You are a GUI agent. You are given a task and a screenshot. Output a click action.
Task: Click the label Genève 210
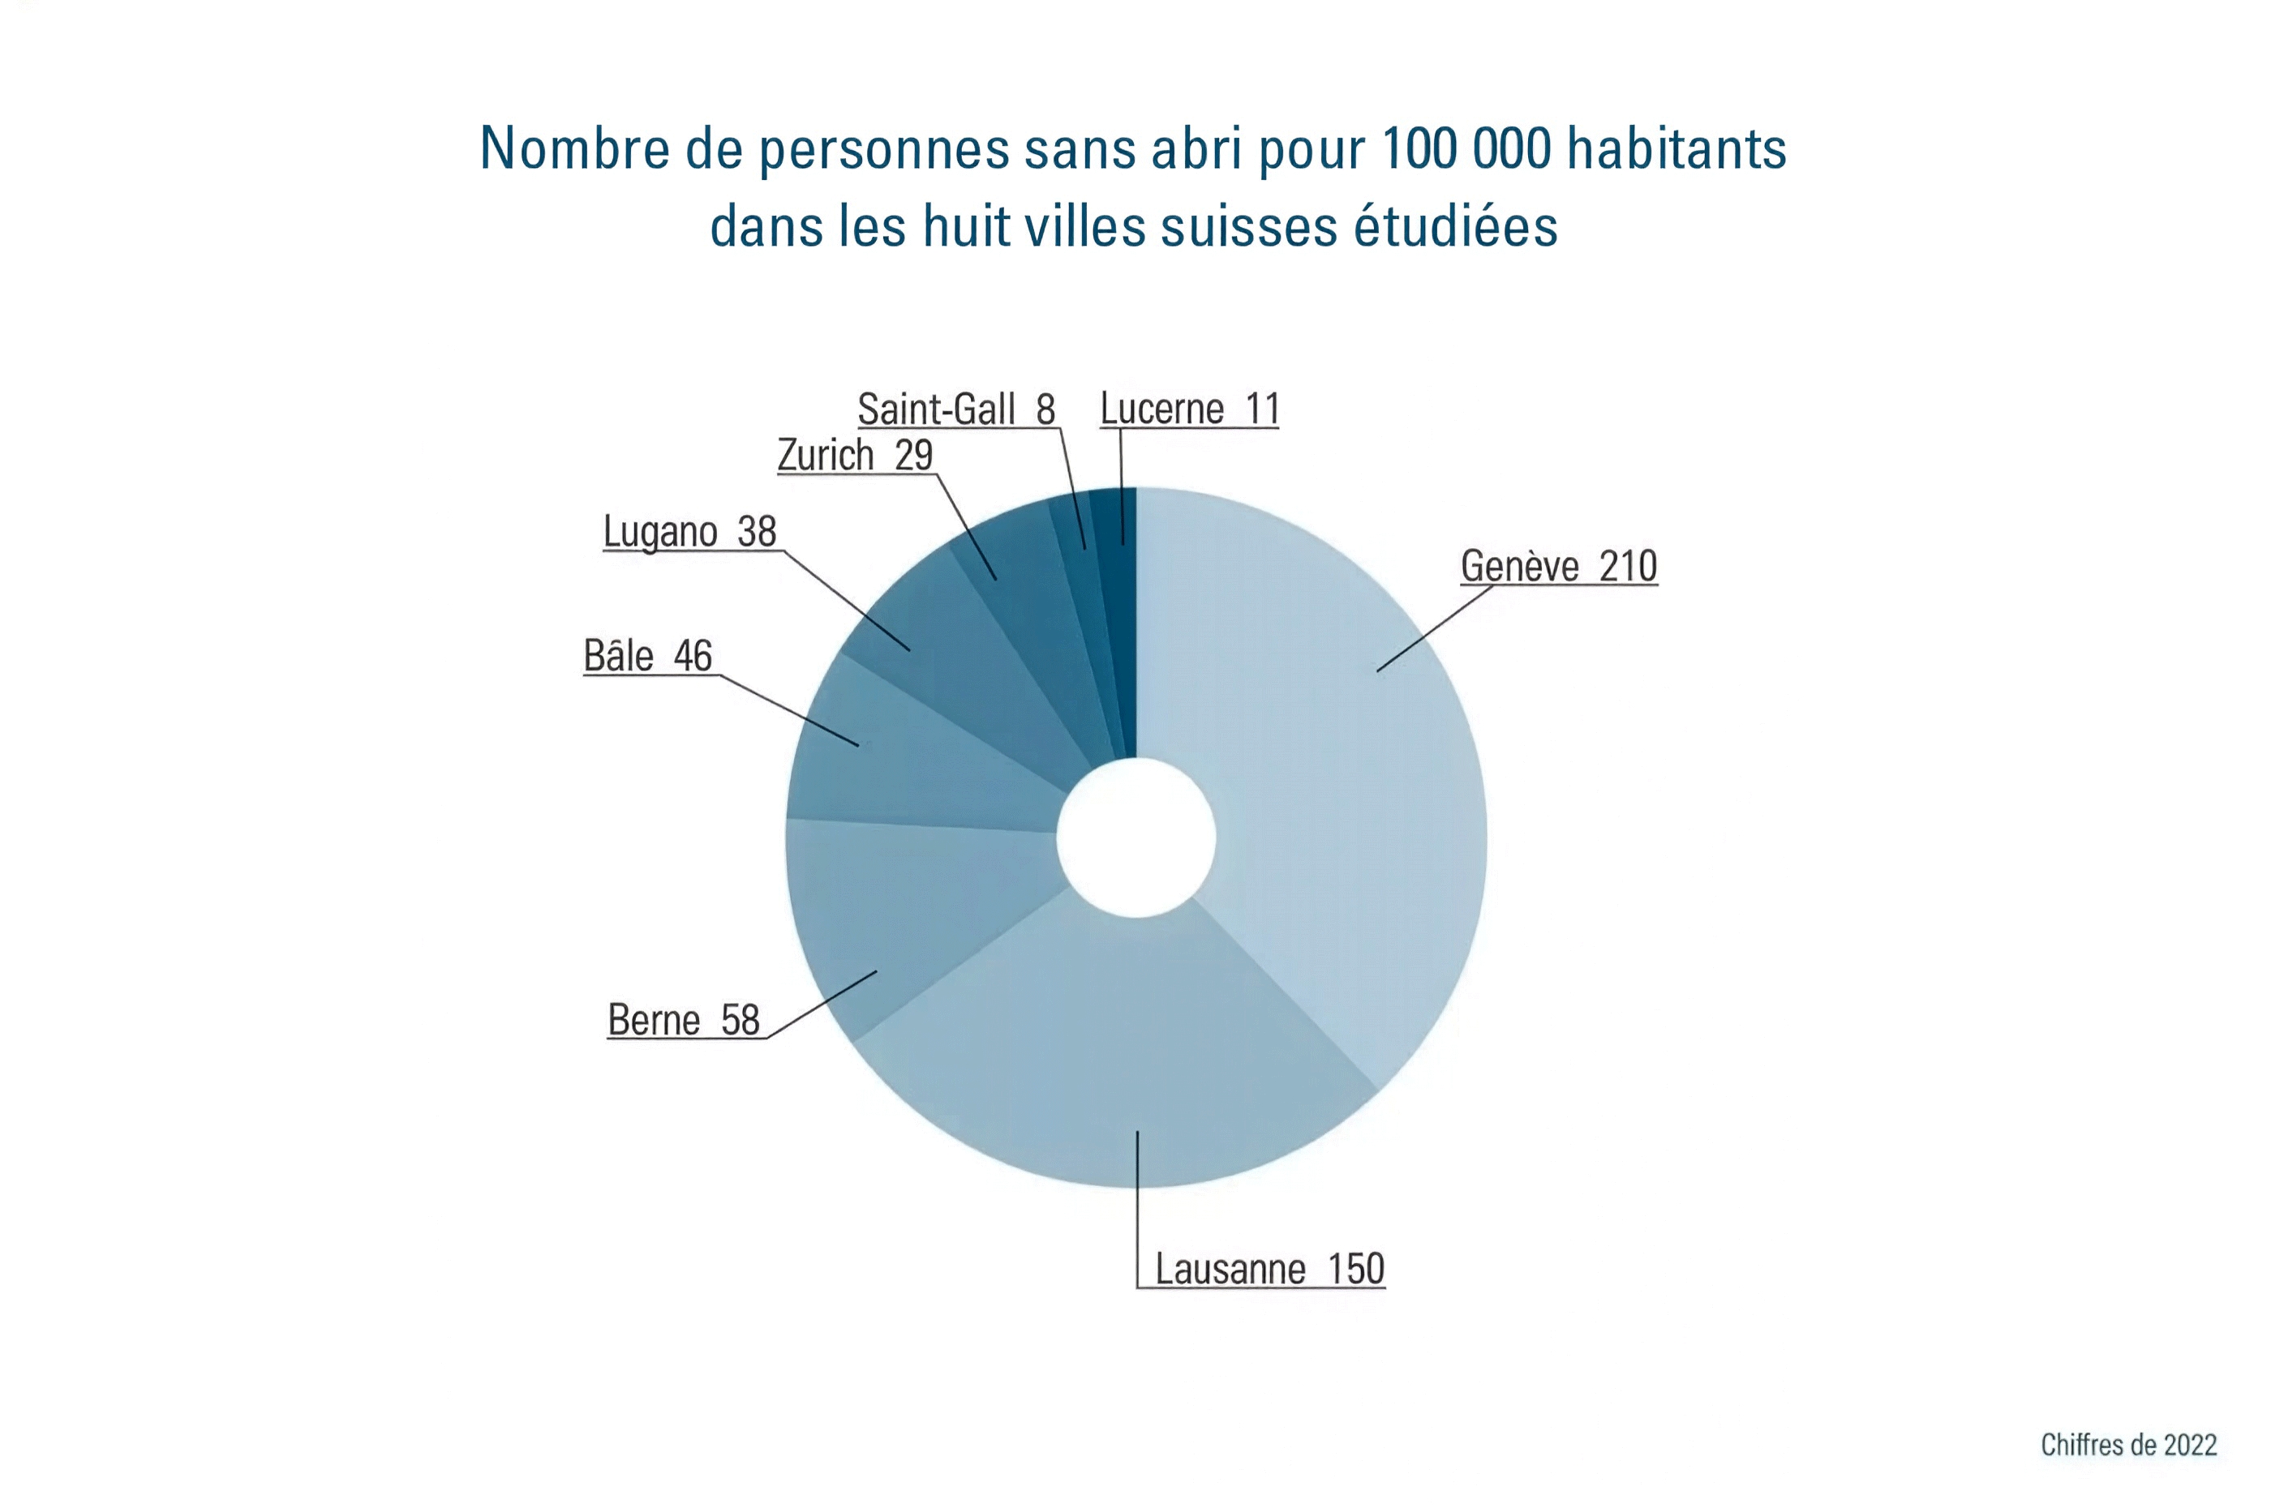[1558, 567]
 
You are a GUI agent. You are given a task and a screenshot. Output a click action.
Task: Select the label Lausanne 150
[1269, 1270]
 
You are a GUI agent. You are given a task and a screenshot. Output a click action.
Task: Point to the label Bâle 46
[647, 657]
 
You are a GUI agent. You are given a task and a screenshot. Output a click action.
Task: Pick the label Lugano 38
[689, 532]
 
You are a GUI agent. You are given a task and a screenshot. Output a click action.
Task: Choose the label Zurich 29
[855, 456]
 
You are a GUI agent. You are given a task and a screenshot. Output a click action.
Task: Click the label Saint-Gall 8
[956, 409]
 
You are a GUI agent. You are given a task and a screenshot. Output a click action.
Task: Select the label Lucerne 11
[1189, 409]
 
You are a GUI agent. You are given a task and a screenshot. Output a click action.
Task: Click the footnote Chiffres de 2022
[2127, 1445]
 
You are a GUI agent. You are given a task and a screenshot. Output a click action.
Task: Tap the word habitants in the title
[1676, 149]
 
